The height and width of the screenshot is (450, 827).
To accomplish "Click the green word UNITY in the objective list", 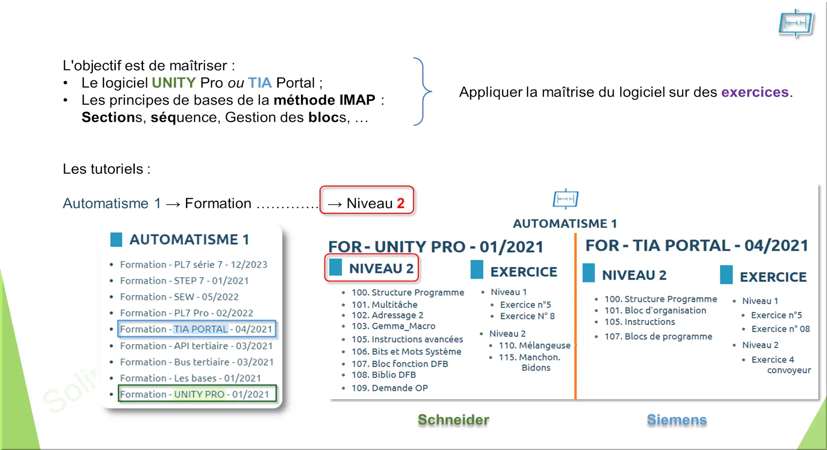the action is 174,83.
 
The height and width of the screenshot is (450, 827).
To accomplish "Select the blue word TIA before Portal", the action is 260,83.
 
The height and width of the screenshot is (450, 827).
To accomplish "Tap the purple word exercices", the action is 755,92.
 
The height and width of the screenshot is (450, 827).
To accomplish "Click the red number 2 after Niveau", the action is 400,203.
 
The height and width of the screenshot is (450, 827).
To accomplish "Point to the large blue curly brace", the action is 423,91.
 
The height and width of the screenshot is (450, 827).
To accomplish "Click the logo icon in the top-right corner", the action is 795,23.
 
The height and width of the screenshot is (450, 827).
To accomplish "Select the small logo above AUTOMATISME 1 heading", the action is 566,199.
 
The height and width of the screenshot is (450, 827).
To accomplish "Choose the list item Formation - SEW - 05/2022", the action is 179,297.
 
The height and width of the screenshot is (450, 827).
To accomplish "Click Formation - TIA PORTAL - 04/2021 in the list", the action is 196,329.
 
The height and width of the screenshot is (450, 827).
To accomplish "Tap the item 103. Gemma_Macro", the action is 393,326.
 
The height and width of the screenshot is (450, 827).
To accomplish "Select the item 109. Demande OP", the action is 390,388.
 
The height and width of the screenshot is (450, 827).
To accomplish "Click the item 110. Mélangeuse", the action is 535,345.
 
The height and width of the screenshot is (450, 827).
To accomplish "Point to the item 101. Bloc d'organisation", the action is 655,310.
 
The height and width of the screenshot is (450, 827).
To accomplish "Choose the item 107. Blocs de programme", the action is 658,336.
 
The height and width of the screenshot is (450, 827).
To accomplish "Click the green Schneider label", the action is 453,420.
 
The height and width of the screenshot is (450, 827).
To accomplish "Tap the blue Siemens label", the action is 677,420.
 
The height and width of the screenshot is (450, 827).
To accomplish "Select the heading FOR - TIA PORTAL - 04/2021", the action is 697,245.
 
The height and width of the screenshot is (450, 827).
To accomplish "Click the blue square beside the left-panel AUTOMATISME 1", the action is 116,240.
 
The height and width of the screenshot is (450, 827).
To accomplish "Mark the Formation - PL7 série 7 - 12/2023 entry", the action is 194,264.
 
